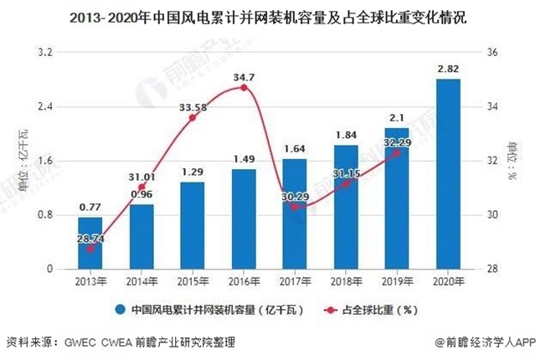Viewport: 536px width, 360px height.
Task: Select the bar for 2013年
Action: pyautogui.click(x=90, y=243)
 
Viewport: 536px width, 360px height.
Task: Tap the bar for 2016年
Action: pyautogui.click(x=244, y=219)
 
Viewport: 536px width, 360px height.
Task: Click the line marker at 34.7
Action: pyautogui.click(x=244, y=87)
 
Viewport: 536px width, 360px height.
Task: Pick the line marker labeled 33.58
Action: pyautogui.click(x=193, y=117)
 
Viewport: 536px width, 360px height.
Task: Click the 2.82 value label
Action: pyautogui.click(x=448, y=67)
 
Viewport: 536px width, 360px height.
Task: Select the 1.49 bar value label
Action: pyautogui.click(x=244, y=159)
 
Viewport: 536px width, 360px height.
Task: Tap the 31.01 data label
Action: pyautogui.click(x=142, y=177)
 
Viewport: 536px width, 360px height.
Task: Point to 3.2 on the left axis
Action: pyautogui.click(x=47, y=52)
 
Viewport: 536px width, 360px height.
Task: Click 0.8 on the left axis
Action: pyautogui.click(x=47, y=215)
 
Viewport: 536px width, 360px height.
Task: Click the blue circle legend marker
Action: pyautogui.click(x=120, y=310)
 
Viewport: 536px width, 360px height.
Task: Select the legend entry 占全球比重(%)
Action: pyautogui.click(x=379, y=310)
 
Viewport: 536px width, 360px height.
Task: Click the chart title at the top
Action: pyautogui.click(x=269, y=16)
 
